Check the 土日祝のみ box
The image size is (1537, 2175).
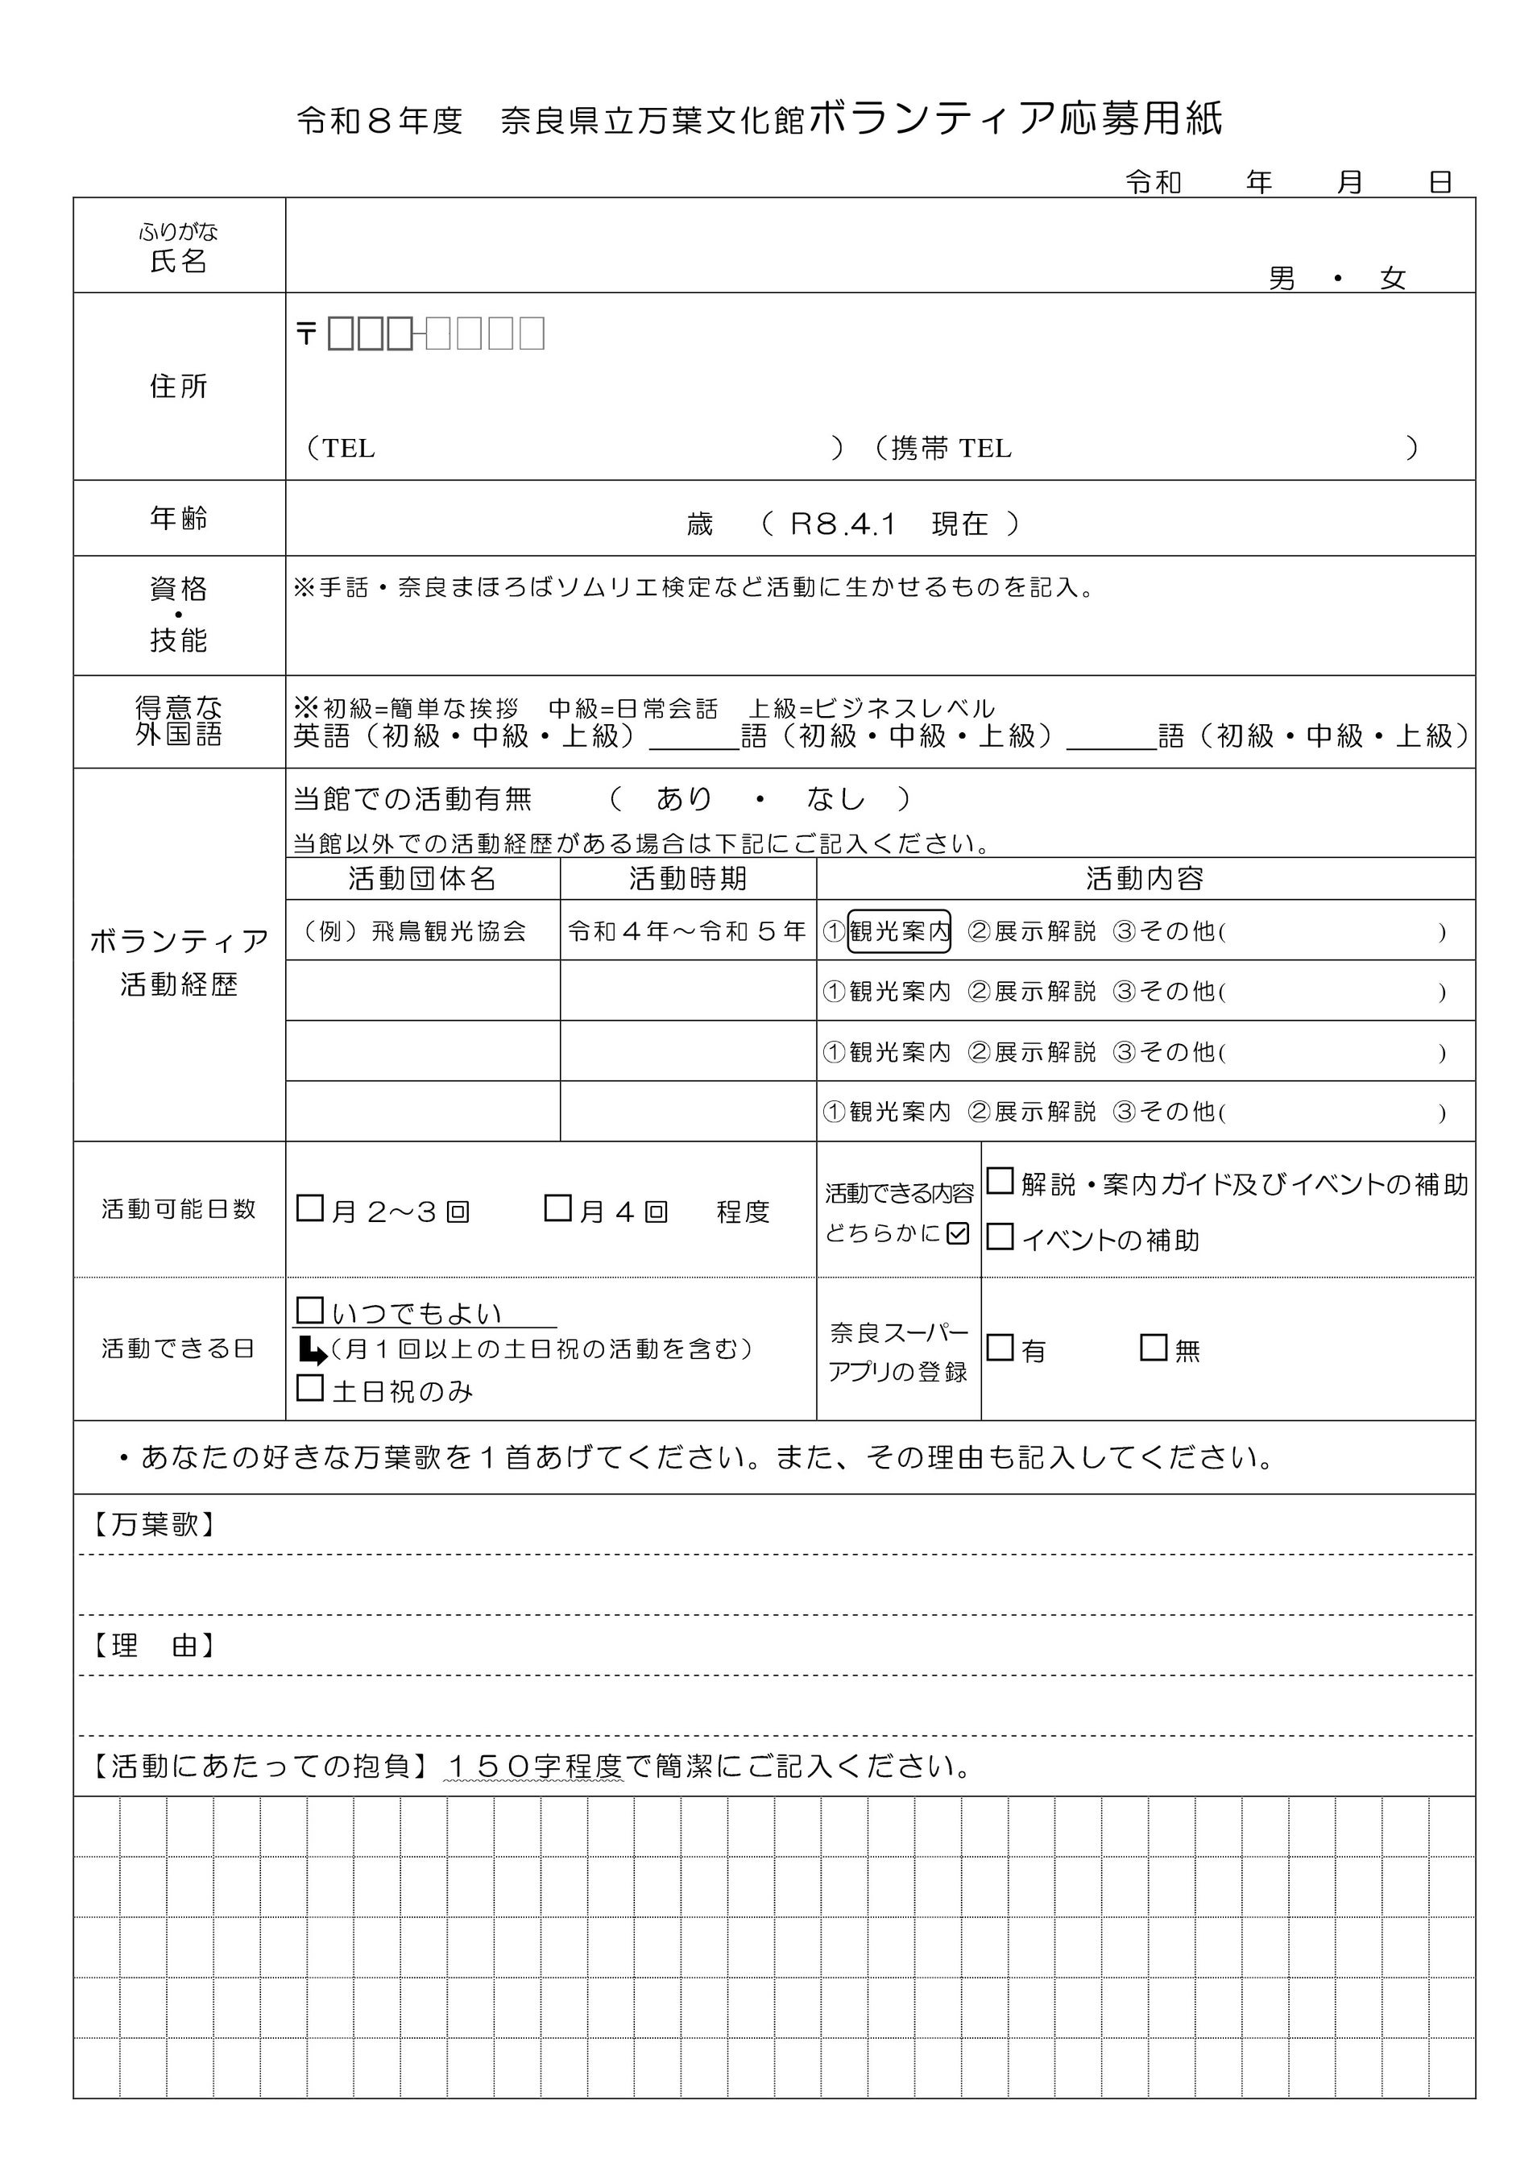click(309, 1388)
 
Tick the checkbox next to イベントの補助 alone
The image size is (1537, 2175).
click(1000, 1237)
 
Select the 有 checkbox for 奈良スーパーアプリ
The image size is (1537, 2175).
click(1000, 1347)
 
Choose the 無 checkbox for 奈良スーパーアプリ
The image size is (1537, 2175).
click(1154, 1347)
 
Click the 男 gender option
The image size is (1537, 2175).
click(1282, 279)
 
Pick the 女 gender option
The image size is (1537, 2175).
click(1392, 279)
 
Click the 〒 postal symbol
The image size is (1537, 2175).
click(306, 333)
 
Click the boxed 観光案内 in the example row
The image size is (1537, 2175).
click(899, 931)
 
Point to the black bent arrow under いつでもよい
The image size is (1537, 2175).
click(312, 1349)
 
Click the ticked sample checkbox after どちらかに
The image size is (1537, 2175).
click(958, 1232)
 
